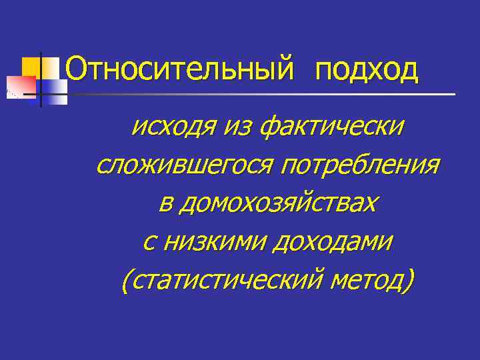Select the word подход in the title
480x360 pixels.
(x=367, y=70)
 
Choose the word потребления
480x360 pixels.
(x=360, y=164)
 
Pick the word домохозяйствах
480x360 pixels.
(x=281, y=203)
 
